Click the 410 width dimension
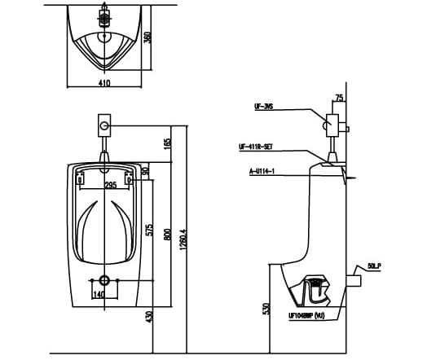point(103,83)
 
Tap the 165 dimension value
point(168,143)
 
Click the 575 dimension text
point(148,230)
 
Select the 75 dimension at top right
point(339,97)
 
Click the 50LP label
point(374,266)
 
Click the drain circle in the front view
point(102,280)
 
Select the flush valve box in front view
point(103,126)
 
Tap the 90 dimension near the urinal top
point(144,171)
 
